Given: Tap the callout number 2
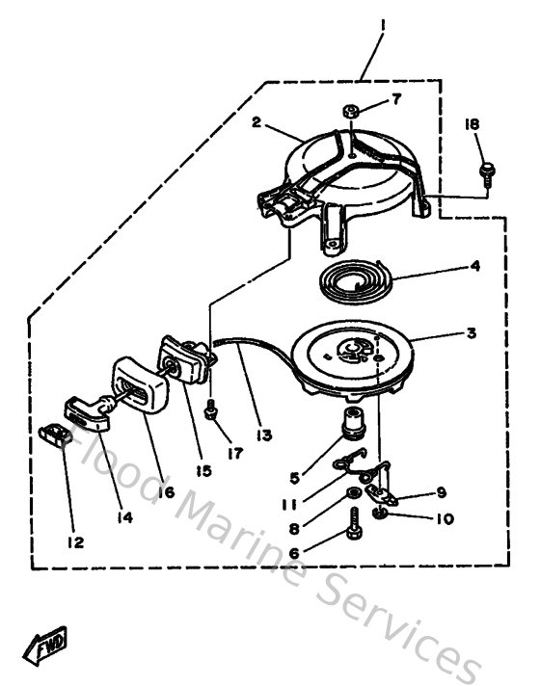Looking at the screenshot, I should pyautogui.click(x=256, y=122).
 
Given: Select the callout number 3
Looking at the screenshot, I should pyautogui.click(x=471, y=333).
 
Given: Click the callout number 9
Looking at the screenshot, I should pyautogui.click(x=441, y=491).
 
